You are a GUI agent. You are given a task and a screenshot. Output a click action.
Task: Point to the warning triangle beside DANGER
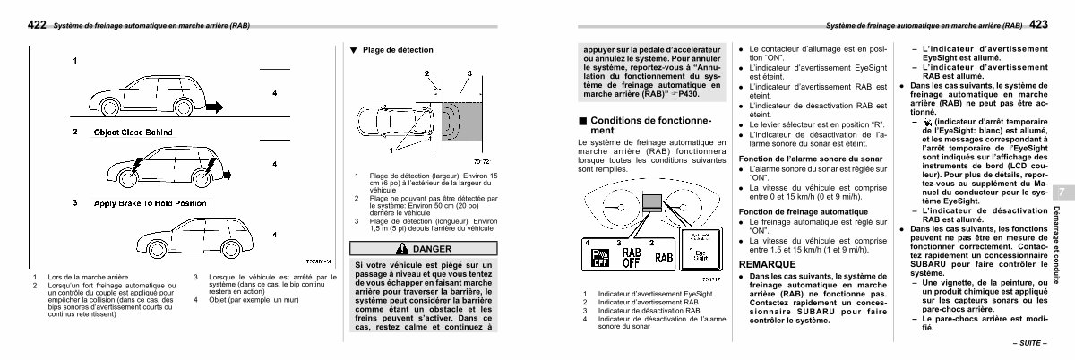point(399,248)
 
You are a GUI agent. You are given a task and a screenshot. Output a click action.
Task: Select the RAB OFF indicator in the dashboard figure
point(631,259)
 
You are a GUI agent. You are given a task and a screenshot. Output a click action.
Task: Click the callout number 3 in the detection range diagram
point(469,71)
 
